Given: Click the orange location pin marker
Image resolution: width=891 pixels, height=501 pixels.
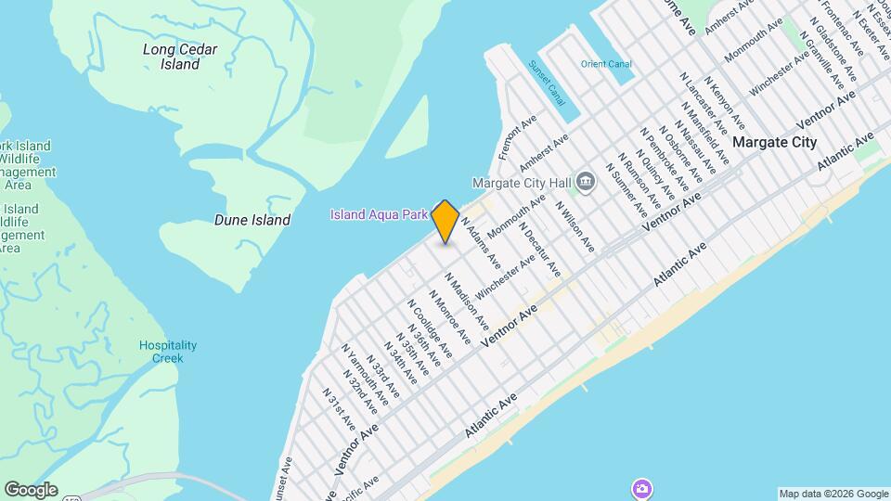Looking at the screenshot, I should tap(445, 222).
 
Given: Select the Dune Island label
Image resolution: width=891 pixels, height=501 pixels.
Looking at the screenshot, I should tap(252, 220).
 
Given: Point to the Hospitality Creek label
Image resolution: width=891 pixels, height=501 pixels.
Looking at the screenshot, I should tap(168, 351).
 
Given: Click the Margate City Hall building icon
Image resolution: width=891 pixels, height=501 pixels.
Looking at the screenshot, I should tap(586, 180).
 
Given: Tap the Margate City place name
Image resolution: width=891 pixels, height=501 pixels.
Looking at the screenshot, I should tap(774, 142).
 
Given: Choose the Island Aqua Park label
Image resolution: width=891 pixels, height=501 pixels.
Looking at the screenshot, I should tap(379, 215).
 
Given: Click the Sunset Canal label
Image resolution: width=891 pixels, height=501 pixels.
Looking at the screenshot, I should tap(547, 83).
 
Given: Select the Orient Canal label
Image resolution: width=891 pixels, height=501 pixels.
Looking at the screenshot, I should tap(606, 64).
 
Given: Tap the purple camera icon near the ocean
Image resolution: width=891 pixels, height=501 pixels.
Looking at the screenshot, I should tap(640, 488).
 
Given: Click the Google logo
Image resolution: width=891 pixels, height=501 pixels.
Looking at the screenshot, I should tap(31, 490).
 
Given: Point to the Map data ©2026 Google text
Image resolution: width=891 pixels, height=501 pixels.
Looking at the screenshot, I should tap(833, 494).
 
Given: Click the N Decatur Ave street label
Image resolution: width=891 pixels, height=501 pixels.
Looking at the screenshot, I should tap(539, 248).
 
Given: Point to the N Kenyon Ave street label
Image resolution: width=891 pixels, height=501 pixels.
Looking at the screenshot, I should tap(723, 104).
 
